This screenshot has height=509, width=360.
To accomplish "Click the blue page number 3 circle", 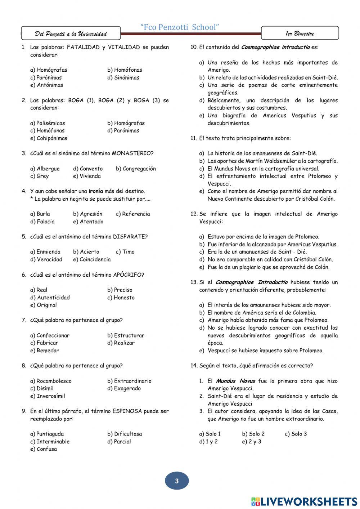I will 176,481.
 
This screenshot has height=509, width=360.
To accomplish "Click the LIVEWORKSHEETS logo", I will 304,501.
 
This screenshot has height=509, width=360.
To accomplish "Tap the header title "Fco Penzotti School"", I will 180,27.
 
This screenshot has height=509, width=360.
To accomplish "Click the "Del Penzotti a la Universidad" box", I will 71,34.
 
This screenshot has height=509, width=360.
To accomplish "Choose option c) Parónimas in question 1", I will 46,77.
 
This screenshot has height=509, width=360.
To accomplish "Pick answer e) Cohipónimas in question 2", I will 49,138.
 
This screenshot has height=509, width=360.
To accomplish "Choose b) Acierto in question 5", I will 86,252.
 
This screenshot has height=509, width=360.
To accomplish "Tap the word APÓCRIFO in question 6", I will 129,275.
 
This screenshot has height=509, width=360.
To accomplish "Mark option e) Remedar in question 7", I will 45,351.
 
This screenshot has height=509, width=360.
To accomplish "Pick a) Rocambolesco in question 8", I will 51,381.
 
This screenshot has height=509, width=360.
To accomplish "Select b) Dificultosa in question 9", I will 125,434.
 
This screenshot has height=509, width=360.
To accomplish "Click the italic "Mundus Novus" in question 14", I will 235,381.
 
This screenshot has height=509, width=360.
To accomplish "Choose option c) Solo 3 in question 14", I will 296,434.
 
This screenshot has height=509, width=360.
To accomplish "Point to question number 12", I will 194,214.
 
